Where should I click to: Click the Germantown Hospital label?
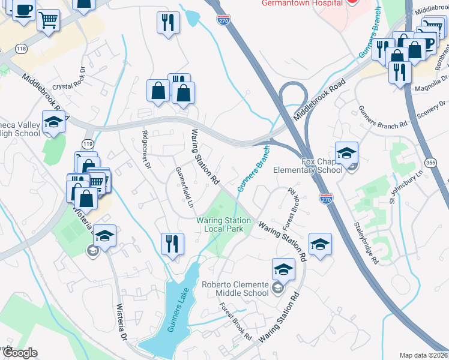302,3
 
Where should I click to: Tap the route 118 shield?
22,48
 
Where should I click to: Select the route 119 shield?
88,144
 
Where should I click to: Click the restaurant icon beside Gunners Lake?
172,244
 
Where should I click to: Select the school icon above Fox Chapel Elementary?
346,152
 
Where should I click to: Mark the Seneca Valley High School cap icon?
53,122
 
